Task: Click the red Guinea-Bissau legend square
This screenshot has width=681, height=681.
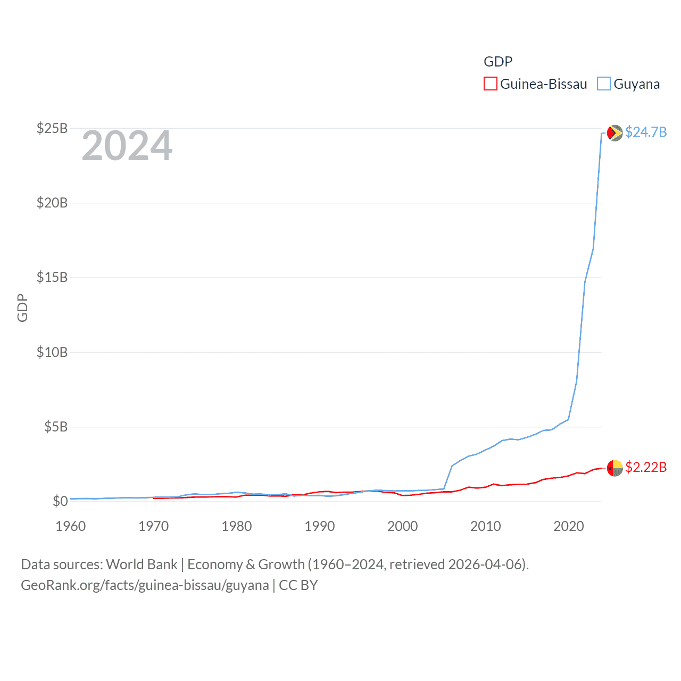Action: click(490, 84)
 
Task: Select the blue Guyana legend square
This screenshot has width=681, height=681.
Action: click(603, 84)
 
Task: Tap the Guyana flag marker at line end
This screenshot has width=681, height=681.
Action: click(614, 132)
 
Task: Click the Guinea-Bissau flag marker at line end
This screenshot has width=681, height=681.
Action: click(614, 468)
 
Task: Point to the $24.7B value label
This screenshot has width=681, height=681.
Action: click(646, 132)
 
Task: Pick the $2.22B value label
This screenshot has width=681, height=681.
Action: click(646, 467)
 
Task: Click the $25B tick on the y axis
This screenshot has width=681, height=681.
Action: click(52, 128)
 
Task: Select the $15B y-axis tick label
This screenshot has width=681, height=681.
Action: click(52, 277)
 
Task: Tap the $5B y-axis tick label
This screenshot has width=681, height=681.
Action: click(56, 427)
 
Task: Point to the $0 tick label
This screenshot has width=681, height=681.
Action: click(60, 501)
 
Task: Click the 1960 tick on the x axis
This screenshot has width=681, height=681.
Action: click(71, 526)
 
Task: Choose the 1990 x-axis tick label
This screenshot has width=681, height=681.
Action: click(320, 526)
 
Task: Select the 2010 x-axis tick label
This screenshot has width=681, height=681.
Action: click(486, 526)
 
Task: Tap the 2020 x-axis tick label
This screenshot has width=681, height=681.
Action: click(569, 526)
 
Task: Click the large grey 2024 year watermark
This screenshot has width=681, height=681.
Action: click(127, 146)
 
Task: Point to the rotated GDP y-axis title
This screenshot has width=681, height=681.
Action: click(22, 308)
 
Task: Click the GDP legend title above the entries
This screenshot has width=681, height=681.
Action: click(498, 62)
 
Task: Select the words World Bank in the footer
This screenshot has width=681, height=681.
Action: click(142, 564)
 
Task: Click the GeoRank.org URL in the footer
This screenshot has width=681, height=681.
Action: click(145, 585)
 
